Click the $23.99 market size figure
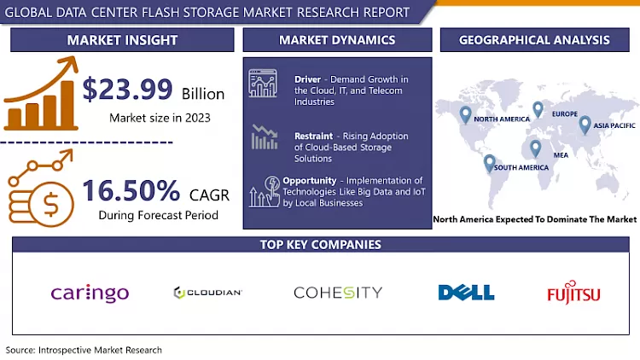coord(128,89)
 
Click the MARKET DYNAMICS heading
coord(337,40)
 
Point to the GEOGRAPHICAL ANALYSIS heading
coord(534,40)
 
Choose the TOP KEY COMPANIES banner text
coord(321,245)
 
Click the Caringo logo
coord(90,293)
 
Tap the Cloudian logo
coord(207,293)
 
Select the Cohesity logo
coord(337,293)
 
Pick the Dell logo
coord(466,293)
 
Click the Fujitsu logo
coord(573,294)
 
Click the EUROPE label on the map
coord(564,114)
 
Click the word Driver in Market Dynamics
coord(307,78)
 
